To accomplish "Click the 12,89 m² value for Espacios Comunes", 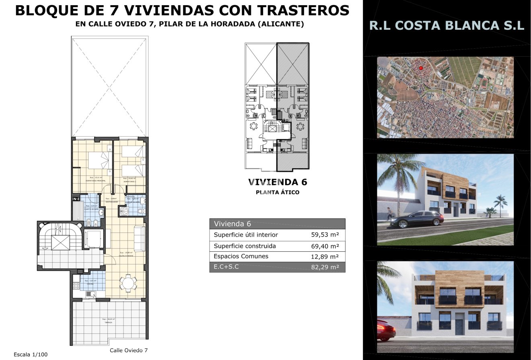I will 325,256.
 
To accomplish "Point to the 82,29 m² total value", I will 325,267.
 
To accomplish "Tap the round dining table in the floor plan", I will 128,283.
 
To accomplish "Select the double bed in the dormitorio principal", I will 96,160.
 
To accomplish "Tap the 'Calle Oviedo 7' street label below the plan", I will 129,350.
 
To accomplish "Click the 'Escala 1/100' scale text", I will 31,354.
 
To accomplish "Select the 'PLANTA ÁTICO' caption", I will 278,193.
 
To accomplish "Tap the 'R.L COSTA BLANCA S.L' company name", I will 447,26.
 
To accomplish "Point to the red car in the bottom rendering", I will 385,330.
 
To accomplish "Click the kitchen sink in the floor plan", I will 91,294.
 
